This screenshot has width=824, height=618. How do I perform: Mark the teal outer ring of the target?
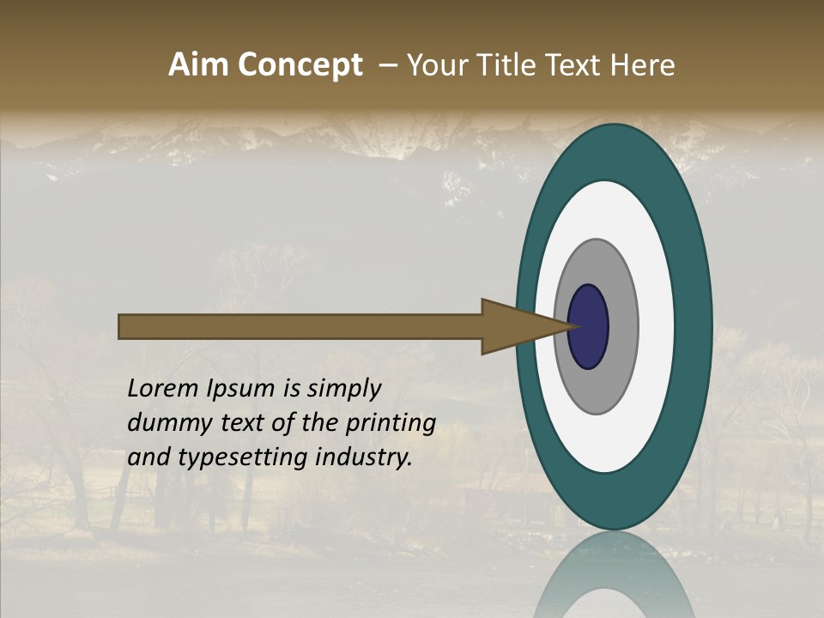click(693, 326)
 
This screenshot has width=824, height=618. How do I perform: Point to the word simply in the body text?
click(344, 390)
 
